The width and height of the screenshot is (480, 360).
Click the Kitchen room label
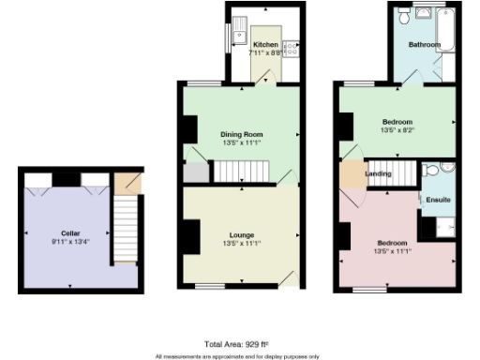pos(265,44)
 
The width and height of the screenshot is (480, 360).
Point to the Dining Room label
pos(241,134)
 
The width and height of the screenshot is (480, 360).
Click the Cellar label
pos(70,232)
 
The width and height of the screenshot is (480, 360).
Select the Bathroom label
pos(424,44)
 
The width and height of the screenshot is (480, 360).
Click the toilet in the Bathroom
pos(403,16)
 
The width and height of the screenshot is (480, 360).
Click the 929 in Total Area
pos(247,345)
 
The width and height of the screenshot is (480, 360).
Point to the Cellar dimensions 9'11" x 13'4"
pos(70,242)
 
